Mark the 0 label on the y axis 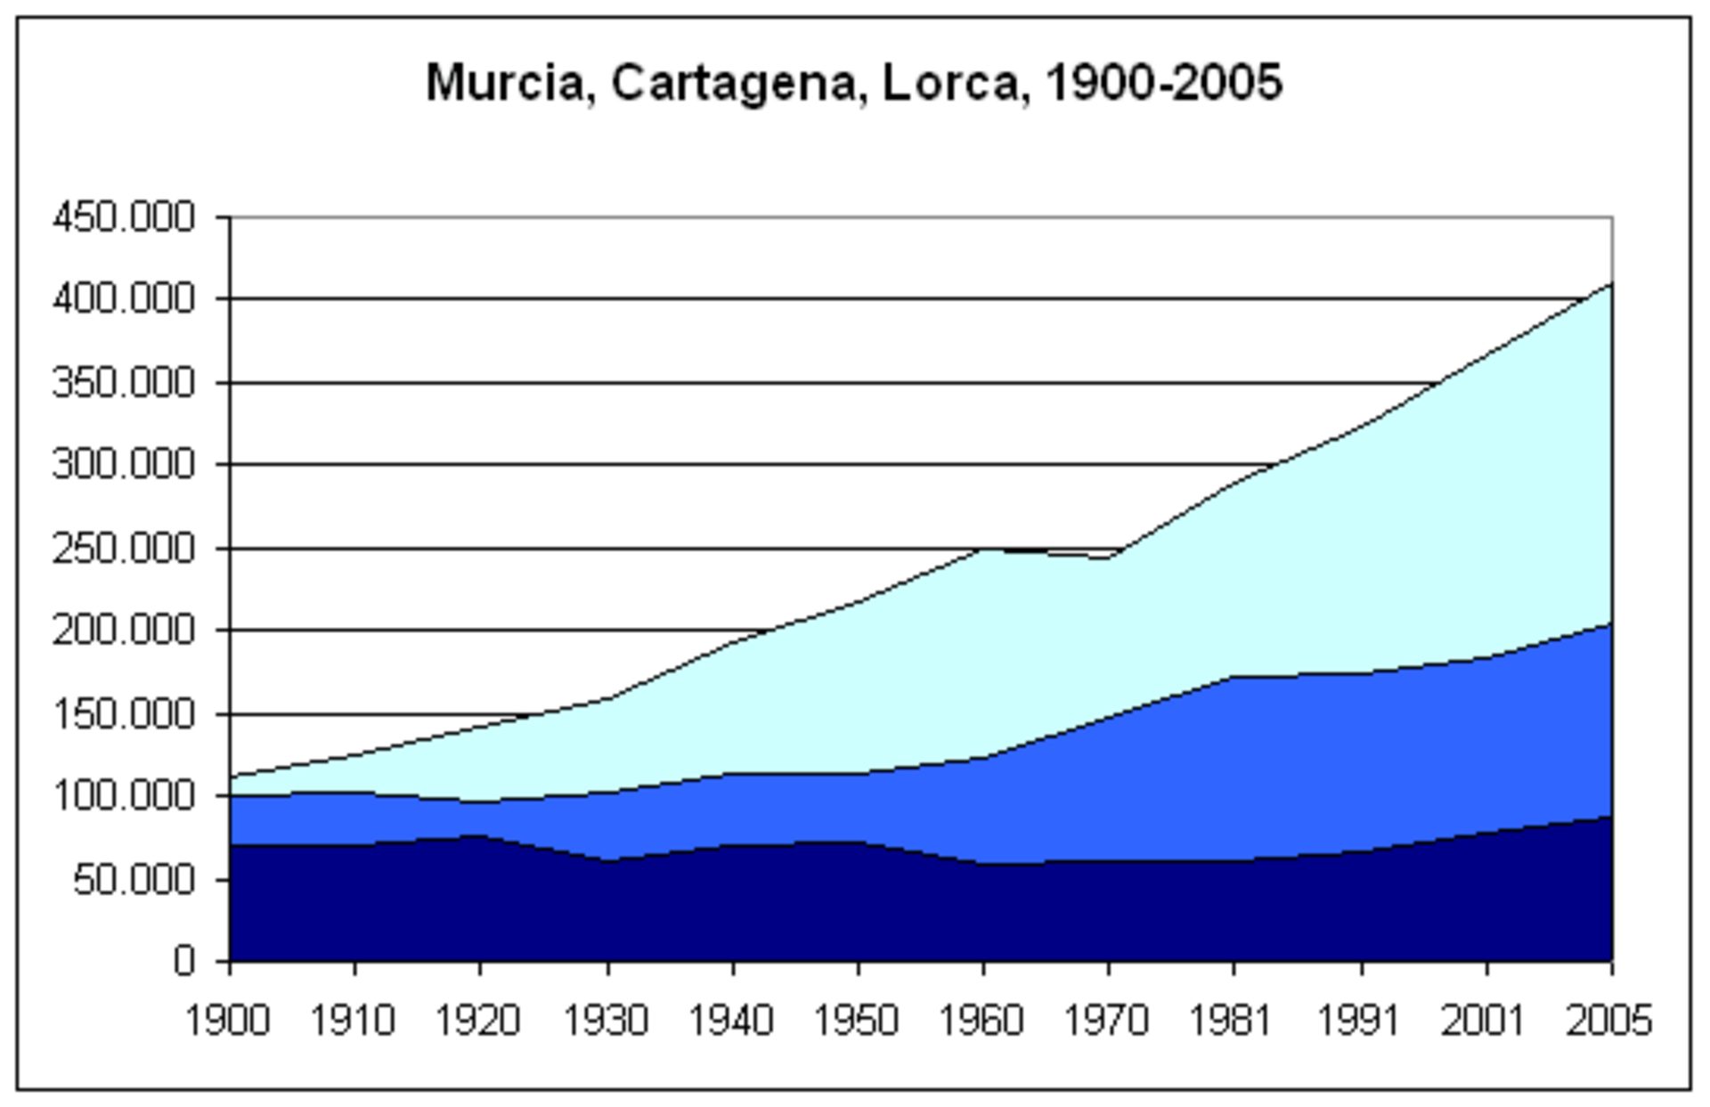tap(184, 961)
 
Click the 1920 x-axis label tap(477, 1021)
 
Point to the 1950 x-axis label tap(856, 1021)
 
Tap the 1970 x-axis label tap(1107, 1021)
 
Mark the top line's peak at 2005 tap(1611, 284)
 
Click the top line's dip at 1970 tap(1108, 558)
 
